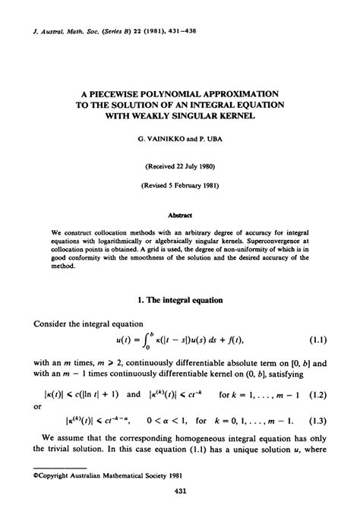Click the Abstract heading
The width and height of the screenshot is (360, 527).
click(180, 215)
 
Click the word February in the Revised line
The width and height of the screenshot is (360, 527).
click(185, 185)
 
